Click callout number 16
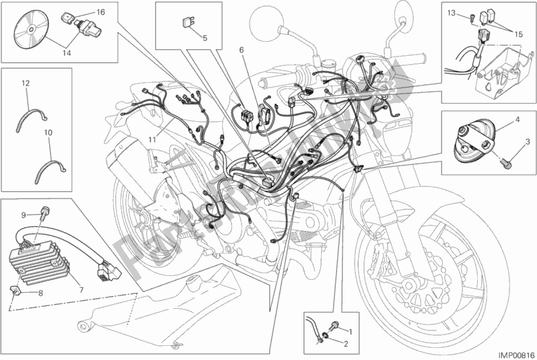tap(100, 12)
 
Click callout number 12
tap(26, 83)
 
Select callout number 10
tap(48, 134)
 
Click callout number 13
tap(451, 12)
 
